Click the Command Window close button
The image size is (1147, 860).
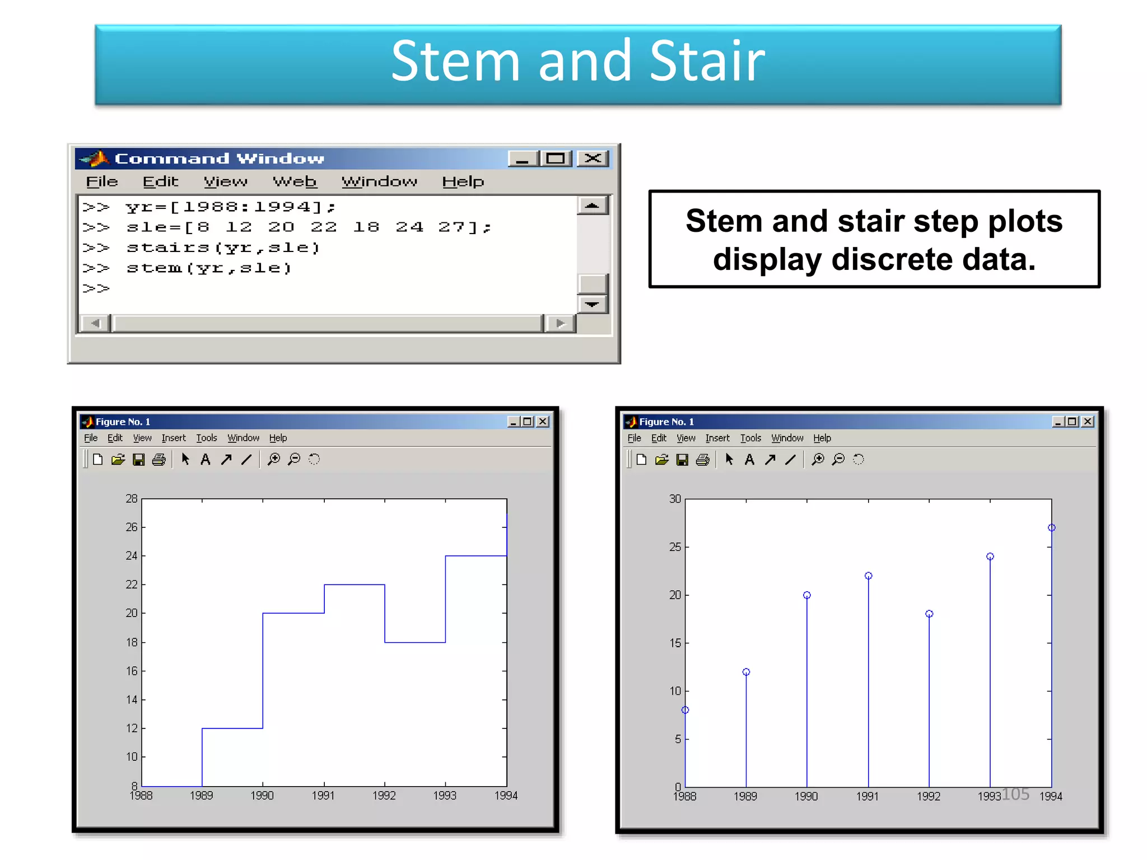(x=593, y=158)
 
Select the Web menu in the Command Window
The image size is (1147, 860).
(x=295, y=181)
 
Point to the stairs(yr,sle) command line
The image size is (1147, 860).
(x=223, y=247)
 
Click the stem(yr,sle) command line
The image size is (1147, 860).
(x=209, y=268)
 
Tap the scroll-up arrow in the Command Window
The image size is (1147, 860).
(x=592, y=206)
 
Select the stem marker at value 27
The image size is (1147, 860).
(x=1051, y=527)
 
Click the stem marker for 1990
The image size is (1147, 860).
(x=806, y=595)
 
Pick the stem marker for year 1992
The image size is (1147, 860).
(x=929, y=614)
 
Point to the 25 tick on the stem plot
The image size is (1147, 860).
(x=675, y=546)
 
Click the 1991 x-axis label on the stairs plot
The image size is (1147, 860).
(x=323, y=796)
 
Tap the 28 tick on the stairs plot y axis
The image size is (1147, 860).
(x=132, y=498)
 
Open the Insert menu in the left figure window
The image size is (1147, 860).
(x=174, y=438)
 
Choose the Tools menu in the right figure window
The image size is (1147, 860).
(x=750, y=438)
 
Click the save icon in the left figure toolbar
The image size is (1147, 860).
(x=138, y=460)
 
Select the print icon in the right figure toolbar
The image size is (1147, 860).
(x=702, y=460)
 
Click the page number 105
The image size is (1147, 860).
(x=1015, y=793)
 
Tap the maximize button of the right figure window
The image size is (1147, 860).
(x=1072, y=422)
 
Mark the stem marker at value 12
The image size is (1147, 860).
(x=746, y=672)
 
